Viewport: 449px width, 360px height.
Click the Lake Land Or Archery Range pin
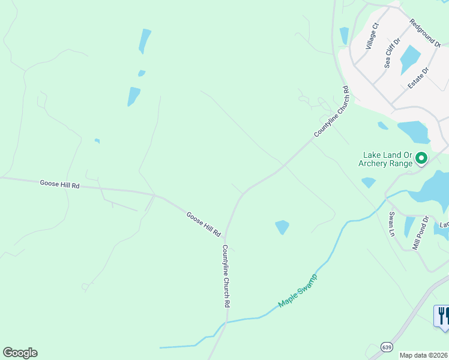pos(421,158)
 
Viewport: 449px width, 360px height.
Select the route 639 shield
pos(387,347)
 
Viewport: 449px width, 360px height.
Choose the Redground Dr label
pos(425,32)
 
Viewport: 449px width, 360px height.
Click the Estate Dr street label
pos(418,78)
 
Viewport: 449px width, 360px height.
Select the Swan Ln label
pos(392,223)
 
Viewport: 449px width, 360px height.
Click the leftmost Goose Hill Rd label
pos(59,184)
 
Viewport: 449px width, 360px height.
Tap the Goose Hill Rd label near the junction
pos(203,224)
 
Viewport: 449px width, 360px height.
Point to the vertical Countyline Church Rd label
pos(226,276)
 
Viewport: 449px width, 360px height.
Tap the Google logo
pos(20,353)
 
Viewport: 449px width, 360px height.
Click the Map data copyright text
pos(424,355)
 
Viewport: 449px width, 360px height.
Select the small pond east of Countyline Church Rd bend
pos(282,227)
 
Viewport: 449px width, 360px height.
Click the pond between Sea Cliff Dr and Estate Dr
pos(410,59)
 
